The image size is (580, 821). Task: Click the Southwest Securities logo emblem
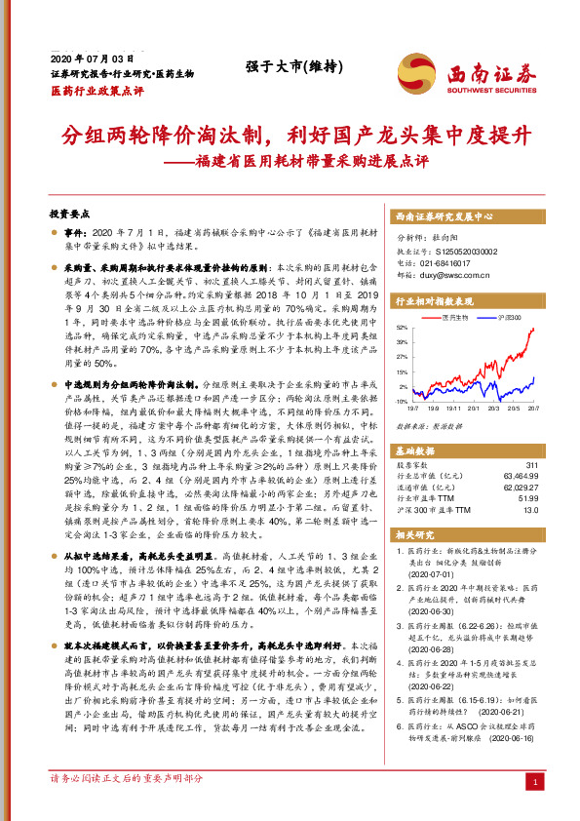point(413,73)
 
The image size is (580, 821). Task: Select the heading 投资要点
point(69,212)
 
